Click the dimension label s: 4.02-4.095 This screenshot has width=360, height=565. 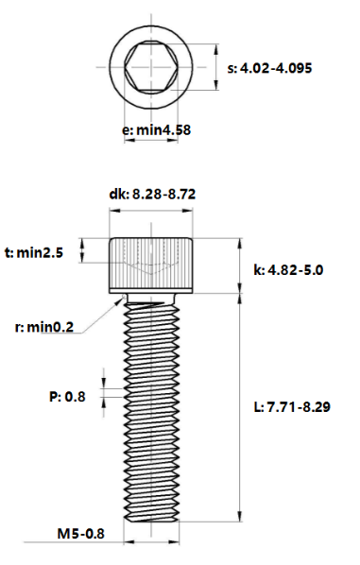[269, 68]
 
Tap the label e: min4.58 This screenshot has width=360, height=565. [157, 129]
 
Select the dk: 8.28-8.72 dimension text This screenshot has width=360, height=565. [152, 194]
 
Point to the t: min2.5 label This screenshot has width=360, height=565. [34, 252]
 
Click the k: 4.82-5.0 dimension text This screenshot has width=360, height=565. [288, 270]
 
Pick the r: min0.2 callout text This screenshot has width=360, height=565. [44, 327]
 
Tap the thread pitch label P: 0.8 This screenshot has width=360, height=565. [67, 397]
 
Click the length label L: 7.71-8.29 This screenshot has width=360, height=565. [292, 407]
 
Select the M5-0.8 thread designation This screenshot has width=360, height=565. [80, 533]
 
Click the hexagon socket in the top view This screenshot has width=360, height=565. [151, 67]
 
